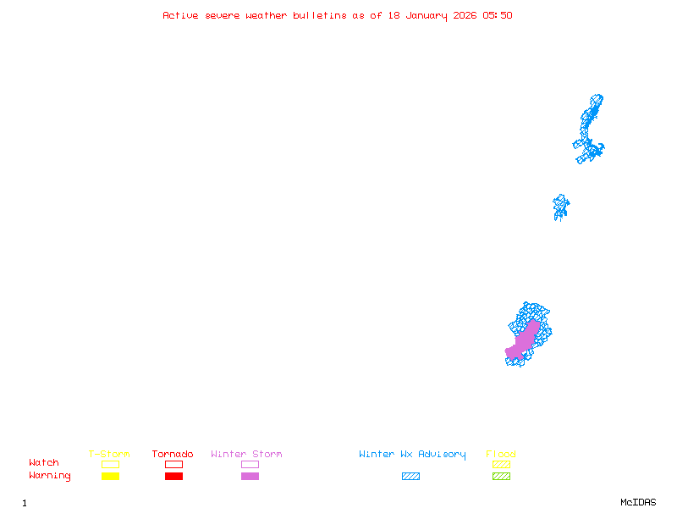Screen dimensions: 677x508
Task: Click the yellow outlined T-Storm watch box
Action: pos(110,464)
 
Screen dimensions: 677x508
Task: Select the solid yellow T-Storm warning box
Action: pos(110,477)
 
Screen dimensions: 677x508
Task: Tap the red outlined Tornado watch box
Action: pos(173,464)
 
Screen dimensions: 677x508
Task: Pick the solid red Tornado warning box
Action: pos(173,477)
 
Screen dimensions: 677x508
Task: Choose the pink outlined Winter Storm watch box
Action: pos(250,464)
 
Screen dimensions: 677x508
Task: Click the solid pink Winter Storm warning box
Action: pos(250,477)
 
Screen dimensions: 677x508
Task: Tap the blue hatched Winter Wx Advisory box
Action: pos(410,477)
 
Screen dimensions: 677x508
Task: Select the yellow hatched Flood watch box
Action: pos(501,464)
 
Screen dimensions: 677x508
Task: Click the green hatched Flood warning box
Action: pos(501,477)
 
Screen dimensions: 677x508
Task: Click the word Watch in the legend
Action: pos(44,463)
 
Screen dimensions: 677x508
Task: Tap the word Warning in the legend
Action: pos(50,476)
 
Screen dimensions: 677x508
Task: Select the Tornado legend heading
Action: pos(173,455)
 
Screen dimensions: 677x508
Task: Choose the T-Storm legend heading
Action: pos(109,455)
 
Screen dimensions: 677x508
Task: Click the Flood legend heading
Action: pos(501,455)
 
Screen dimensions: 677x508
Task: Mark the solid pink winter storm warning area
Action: pos(524,338)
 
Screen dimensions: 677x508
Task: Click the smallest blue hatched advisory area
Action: pos(560,206)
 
